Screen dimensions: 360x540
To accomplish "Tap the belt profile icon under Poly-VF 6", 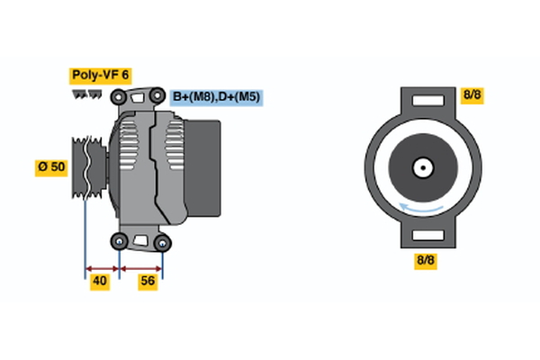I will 85,94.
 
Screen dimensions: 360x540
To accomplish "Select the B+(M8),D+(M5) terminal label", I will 217,97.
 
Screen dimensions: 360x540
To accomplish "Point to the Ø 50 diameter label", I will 51,167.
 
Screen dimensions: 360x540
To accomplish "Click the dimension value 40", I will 100,282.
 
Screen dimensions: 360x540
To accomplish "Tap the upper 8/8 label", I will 472,94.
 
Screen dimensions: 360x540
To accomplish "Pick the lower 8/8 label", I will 426,260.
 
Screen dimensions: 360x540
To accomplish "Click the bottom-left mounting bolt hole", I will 119,241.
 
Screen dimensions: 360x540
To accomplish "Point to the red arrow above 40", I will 102,267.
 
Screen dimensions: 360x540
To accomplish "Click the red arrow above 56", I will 141,267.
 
